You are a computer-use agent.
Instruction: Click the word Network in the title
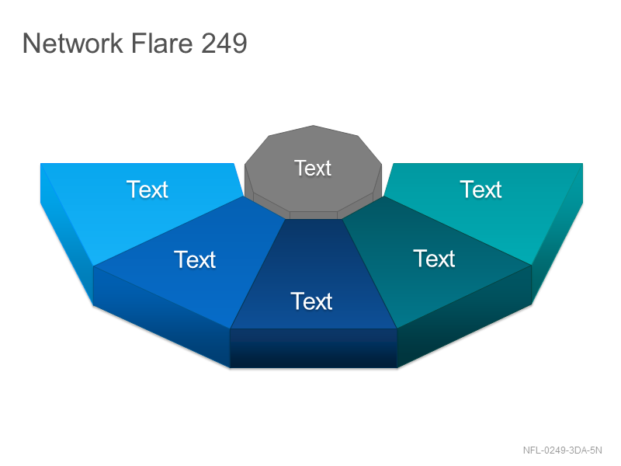(73, 43)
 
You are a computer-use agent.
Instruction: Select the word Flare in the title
(161, 43)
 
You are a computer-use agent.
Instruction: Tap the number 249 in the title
(224, 43)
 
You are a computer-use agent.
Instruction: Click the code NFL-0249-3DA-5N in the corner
(562, 450)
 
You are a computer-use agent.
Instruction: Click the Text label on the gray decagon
(313, 168)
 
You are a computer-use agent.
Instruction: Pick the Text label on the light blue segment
(147, 190)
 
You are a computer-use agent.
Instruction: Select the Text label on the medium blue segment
(195, 259)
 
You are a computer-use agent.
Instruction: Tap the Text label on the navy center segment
(311, 301)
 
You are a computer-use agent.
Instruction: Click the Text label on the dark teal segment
(434, 259)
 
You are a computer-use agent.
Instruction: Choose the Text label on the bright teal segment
(480, 190)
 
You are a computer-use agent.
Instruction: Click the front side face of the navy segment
(314, 348)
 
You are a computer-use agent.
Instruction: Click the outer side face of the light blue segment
(67, 234)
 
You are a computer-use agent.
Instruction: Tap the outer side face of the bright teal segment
(557, 234)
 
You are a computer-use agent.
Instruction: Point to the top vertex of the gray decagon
(314, 126)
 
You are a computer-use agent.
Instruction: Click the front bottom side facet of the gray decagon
(314, 215)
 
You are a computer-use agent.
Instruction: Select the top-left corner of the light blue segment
(41, 164)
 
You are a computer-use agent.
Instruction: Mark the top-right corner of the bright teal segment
(583, 164)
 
